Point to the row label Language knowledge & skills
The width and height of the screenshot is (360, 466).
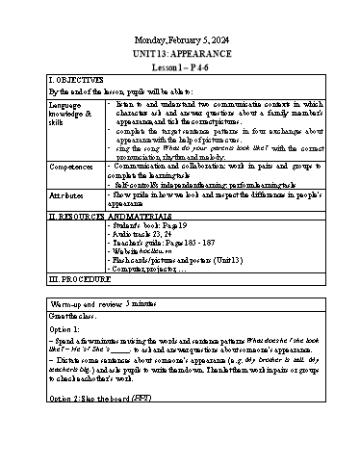(71, 112)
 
